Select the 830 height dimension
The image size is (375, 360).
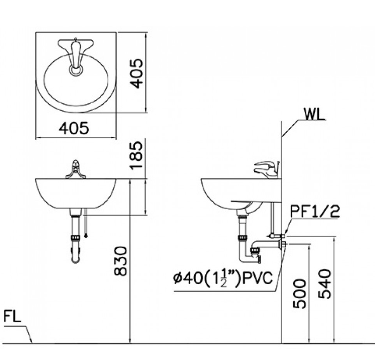(x=121, y=261)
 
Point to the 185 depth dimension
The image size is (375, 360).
(x=137, y=155)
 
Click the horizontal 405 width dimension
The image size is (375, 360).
(x=74, y=128)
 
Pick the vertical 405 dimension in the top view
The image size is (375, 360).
(x=136, y=73)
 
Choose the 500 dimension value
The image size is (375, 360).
(x=299, y=294)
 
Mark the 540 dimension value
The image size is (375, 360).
(x=325, y=284)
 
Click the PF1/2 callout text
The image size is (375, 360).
(x=315, y=211)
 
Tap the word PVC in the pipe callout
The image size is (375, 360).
(x=258, y=278)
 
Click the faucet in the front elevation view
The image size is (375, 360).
(x=76, y=169)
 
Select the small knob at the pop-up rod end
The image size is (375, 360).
(x=86, y=236)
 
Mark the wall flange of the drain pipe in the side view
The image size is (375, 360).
(x=284, y=244)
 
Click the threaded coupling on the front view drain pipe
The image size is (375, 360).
(x=76, y=238)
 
